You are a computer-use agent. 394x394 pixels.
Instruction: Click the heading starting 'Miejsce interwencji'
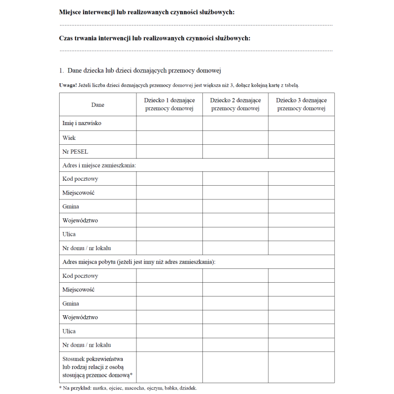tap(147, 12)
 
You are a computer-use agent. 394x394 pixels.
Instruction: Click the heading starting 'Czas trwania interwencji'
tap(155, 38)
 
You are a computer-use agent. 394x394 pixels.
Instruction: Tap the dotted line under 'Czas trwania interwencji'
tap(196, 50)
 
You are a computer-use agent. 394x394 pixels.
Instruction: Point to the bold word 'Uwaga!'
tap(67, 85)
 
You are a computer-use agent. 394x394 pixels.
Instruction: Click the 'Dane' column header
tap(98, 104)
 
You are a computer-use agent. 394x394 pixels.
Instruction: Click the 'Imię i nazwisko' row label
tap(82, 123)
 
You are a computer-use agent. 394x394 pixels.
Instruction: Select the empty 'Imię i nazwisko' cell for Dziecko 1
tap(169, 123)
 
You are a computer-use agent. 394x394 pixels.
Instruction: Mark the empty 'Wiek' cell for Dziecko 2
tap(235, 137)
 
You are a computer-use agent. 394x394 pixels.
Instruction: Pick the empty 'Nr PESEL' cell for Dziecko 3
tap(301, 151)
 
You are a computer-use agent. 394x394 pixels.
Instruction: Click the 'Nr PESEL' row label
tap(75, 151)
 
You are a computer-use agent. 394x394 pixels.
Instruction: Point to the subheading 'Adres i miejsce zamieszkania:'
tap(99, 165)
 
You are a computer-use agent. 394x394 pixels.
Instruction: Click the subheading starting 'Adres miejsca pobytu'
tap(139, 262)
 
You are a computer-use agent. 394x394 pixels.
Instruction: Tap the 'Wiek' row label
tap(69, 137)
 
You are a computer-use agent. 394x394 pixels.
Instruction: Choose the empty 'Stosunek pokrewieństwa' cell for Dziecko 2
tap(235, 367)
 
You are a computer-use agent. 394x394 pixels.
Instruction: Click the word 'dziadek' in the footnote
tap(188, 388)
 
